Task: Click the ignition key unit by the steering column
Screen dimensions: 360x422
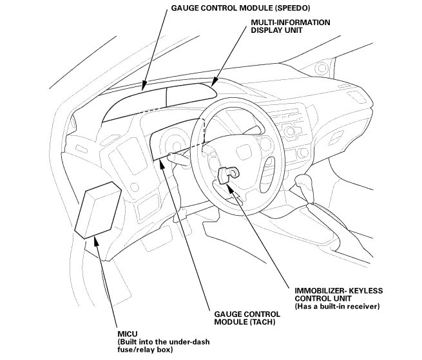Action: [229, 176]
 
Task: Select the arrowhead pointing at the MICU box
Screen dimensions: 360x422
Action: [97, 240]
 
